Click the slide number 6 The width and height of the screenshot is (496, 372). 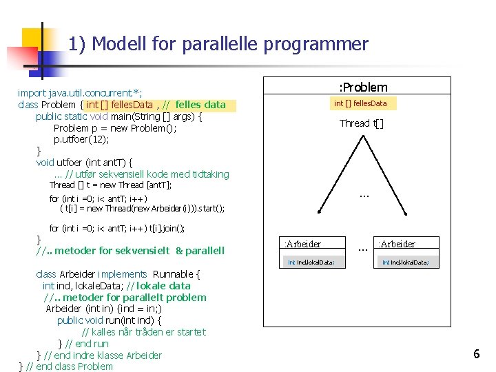point(476,354)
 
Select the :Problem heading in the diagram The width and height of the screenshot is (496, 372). point(362,87)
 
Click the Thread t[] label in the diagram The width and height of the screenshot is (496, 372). point(362,123)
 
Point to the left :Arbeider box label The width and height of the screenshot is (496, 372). point(302,244)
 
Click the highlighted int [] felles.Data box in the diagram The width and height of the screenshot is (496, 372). point(360,103)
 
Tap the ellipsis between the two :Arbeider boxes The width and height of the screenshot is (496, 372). point(361,246)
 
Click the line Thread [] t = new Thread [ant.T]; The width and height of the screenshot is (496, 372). point(110,185)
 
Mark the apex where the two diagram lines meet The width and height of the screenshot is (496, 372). point(362,135)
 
